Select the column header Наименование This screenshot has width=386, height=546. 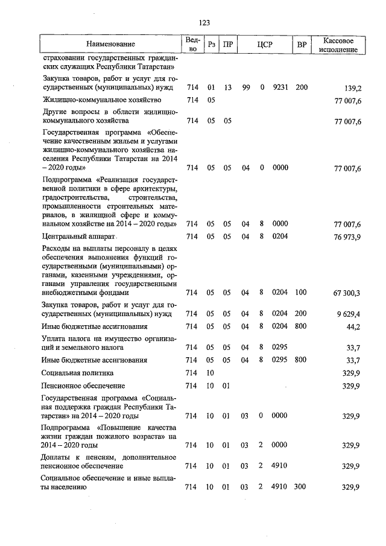click(110, 44)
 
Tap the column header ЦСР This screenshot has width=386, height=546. click(265, 44)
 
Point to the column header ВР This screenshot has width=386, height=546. click(302, 44)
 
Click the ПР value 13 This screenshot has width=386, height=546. click(227, 87)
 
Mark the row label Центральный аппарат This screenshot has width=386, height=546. click(78, 236)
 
